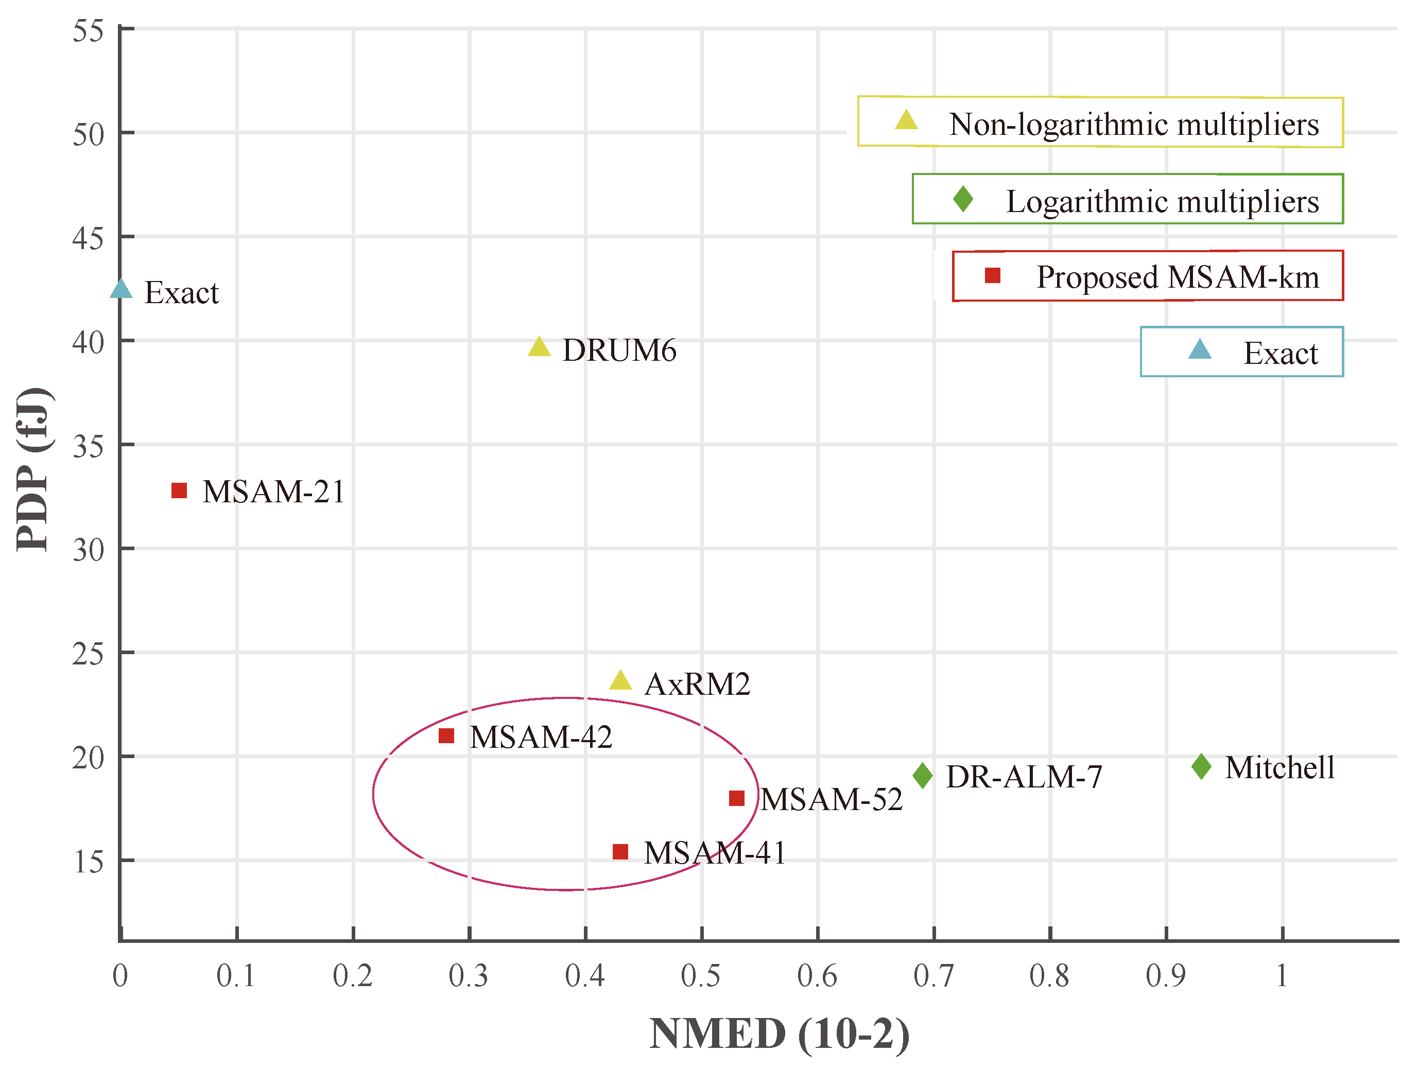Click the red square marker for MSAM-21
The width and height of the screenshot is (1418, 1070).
[x=179, y=491]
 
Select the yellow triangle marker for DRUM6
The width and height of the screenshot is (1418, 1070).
[x=539, y=348]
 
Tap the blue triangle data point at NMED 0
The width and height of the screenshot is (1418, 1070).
[x=121, y=290]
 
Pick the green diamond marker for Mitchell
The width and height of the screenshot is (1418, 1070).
[x=1201, y=766]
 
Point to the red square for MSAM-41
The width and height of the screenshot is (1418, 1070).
[x=620, y=851]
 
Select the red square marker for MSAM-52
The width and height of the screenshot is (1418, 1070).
[x=737, y=798]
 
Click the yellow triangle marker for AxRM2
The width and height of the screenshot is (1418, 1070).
[x=620, y=681]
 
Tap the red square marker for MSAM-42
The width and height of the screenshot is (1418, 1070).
[x=446, y=736]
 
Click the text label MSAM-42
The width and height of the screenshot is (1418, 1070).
[x=541, y=738]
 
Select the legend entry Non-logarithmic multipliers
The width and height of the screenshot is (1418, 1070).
[x=1100, y=122]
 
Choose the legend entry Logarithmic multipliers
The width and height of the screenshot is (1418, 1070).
[x=1127, y=199]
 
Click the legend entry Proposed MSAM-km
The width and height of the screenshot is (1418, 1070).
[x=1148, y=276]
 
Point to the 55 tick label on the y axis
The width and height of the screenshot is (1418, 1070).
[x=88, y=31]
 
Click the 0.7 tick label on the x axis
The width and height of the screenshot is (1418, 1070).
[x=933, y=976]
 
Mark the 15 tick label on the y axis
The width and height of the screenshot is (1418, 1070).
[x=88, y=862]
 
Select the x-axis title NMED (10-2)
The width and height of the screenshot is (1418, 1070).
[x=779, y=1033]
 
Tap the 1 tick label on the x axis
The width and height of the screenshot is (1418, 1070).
[x=1282, y=976]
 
